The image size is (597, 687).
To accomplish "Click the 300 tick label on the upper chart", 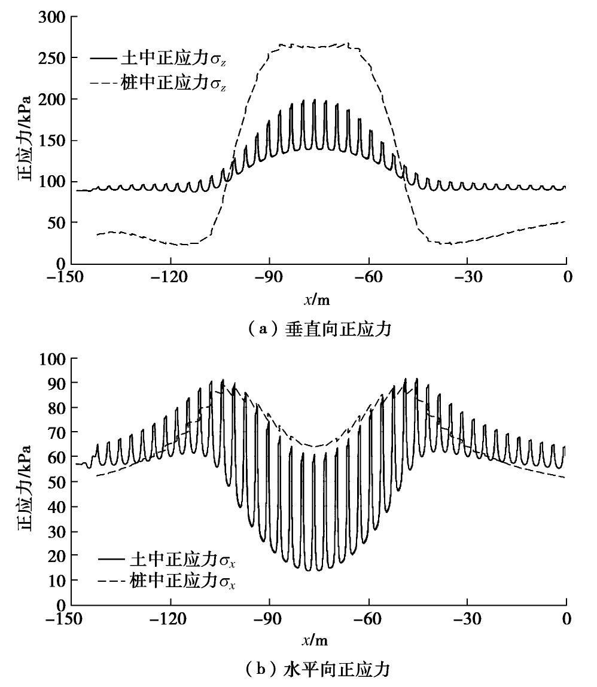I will click(x=53, y=17).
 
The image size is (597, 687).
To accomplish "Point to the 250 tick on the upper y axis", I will click(x=53, y=58).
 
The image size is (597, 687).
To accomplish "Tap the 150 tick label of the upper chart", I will click(x=53, y=141).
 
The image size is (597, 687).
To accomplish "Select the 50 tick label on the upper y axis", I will click(x=57, y=222).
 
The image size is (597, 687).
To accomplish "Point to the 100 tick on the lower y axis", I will click(x=53, y=359).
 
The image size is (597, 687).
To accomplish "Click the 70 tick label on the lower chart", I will click(x=57, y=432).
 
